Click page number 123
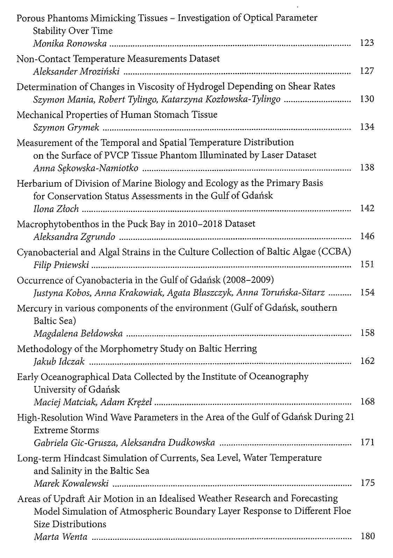(367, 43)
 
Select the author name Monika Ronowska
(70, 44)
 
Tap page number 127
(367, 71)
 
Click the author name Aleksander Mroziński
(76, 72)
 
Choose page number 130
(367, 99)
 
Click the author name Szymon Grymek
(66, 128)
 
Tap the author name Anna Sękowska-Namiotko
(86, 168)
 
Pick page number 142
(367, 208)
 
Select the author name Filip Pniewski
(61, 265)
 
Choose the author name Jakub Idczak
(59, 362)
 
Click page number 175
(367, 483)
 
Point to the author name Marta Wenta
(60, 537)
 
